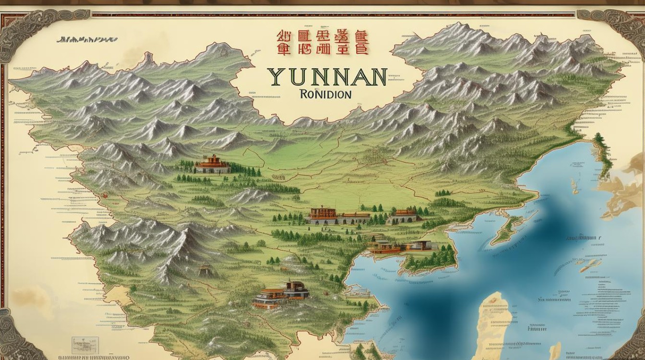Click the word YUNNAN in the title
(327, 77)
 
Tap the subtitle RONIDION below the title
(325, 94)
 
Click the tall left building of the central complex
(322, 216)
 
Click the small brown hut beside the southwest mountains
(205, 270)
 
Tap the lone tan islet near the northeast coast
(574, 186)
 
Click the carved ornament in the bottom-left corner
(14, 336)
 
